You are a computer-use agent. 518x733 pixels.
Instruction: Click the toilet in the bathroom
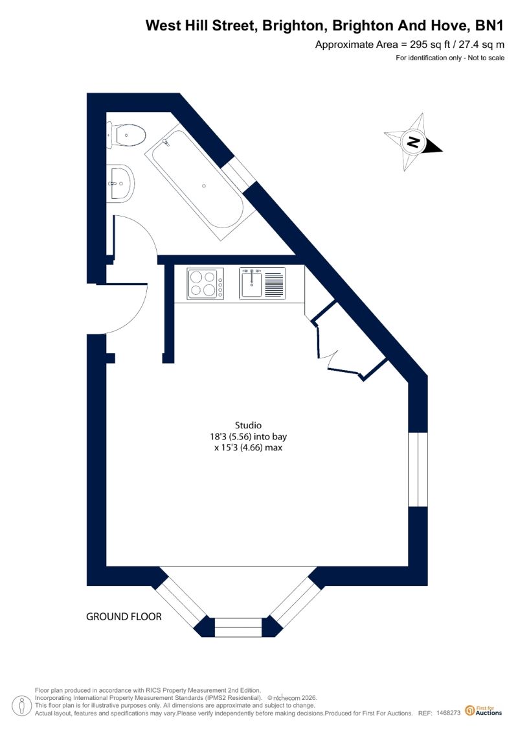coord(126,135)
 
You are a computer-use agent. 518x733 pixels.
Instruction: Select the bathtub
coord(200,182)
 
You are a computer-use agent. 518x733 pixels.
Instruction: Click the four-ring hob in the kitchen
coord(205,283)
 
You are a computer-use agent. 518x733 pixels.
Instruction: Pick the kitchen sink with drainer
coord(262,283)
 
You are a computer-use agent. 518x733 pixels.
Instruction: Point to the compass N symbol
coord(413,142)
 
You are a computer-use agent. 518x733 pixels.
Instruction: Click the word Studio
coord(248,425)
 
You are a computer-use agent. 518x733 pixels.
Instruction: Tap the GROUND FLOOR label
coord(124,616)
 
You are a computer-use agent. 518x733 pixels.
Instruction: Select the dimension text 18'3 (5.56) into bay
coord(248,437)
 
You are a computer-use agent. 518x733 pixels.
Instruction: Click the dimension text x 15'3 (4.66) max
coord(248,448)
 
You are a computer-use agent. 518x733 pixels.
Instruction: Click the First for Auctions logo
coord(484,711)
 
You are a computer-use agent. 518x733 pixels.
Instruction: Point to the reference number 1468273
coord(449,713)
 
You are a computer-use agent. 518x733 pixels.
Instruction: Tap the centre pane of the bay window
coord(238,627)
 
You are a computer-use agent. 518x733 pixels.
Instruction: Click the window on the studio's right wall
coord(418,469)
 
